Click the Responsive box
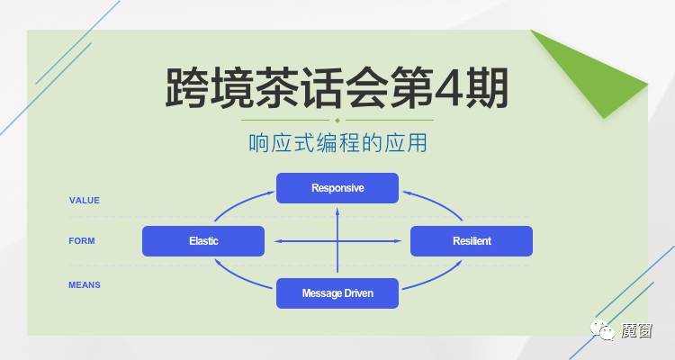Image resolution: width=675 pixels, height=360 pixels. pos(337,188)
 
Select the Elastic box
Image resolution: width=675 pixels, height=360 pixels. pos(203,241)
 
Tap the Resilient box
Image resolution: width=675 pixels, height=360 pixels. pos(472,241)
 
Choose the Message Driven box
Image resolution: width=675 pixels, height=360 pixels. pos(337,293)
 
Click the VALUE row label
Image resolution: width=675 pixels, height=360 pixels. pos(85,200)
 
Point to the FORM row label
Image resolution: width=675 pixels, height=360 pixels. pos(82,241)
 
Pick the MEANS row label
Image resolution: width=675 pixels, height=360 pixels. pos(85,285)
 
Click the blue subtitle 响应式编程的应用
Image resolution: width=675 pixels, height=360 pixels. pos(337,143)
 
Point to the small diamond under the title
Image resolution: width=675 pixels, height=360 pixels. pos(337,120)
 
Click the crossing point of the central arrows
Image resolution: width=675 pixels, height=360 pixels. pos(337,241)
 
